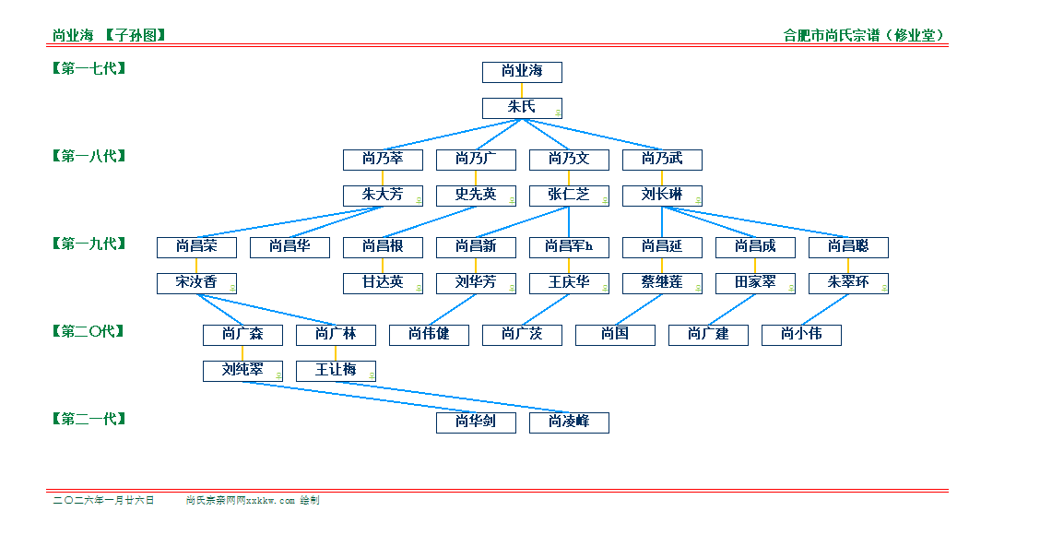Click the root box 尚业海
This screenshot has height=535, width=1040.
[522, 72]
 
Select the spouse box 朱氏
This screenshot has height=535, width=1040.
[522, 108]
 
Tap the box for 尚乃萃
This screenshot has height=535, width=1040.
[383, 160]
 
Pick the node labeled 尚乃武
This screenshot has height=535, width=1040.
[662, 160]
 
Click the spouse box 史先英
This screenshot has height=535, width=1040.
[476, 196]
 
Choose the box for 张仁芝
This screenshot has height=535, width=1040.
[569, 196]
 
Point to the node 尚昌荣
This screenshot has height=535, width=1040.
[196, 247]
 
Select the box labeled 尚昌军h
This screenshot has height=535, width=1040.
[569, 247]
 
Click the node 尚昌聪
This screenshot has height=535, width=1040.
[848, 247]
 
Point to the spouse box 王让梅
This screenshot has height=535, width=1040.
[336, 371]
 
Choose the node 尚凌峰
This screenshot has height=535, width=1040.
[569, 422]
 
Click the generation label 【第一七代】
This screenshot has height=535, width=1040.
[89, 68]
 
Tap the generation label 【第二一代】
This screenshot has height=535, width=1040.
[89, 419]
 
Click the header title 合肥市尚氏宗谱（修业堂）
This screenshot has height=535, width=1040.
[865, 36]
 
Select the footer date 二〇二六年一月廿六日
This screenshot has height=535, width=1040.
[103, 501]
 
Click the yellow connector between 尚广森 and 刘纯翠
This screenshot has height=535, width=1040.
[242, 353]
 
